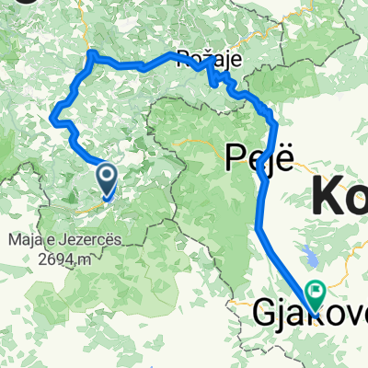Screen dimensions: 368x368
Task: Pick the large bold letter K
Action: (x=328, y=196)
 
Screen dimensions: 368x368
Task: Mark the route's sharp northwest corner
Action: (x=90, y=56)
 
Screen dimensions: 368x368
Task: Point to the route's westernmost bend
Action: (x=52, y=117)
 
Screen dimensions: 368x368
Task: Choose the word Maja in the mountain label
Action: (x=23, y=242)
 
